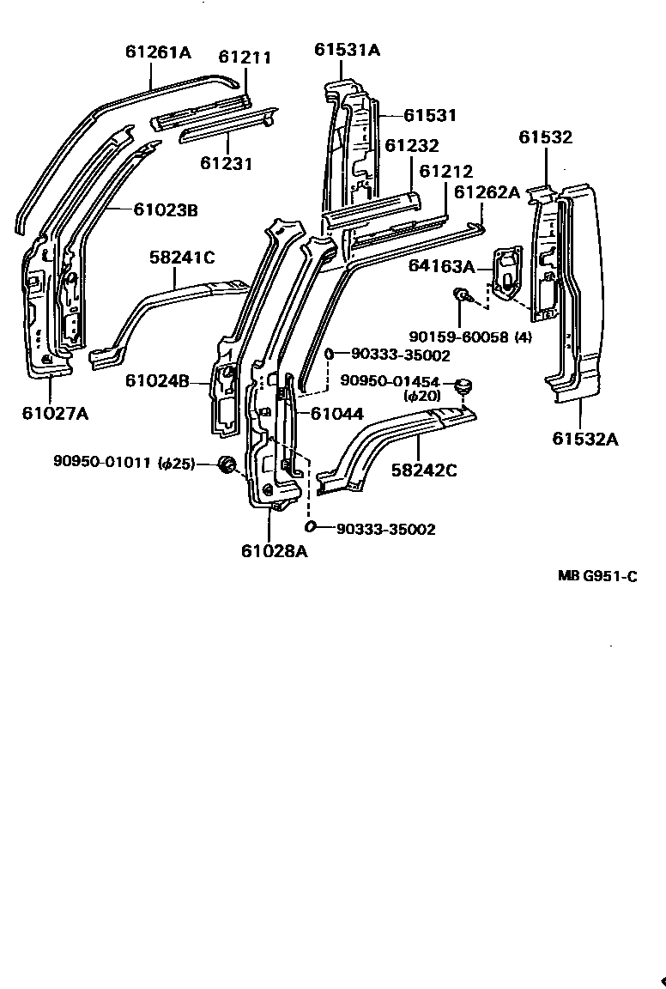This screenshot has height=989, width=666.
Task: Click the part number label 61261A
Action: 158,52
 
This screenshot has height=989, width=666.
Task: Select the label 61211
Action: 245,58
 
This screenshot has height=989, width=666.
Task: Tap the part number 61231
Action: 227,162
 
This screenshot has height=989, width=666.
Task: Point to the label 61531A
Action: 347,50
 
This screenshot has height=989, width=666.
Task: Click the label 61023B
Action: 166,209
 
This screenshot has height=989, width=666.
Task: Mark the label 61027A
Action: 55,413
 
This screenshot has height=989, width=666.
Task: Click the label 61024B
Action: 157,379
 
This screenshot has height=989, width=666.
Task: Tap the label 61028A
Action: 274,550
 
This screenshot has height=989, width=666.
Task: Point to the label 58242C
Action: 424,470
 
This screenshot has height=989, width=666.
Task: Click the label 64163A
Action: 441,266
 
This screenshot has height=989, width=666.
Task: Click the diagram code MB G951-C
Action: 597,576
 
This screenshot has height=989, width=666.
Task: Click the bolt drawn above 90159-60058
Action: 461,296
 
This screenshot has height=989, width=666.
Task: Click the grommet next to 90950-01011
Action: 227,464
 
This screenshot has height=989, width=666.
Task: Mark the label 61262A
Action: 487,192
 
